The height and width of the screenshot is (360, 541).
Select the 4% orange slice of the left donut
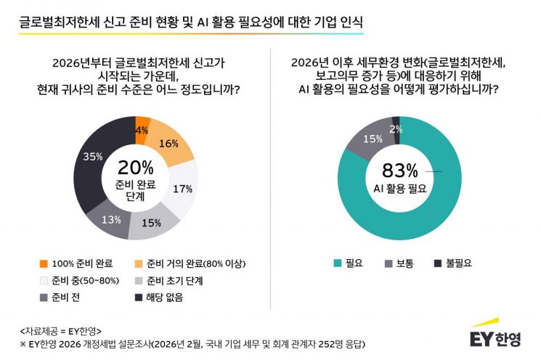click(x=142, y=131)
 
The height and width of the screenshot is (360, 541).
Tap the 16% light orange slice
click(x=169, y=144)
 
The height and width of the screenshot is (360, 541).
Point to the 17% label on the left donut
click(x=182, y=189)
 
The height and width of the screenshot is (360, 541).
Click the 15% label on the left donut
click(x=150, y=223)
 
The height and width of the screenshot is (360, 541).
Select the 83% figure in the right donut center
click(x=400, y=171)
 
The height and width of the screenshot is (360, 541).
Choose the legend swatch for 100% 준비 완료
click(x=44, y=263)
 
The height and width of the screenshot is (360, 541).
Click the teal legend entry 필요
click(x=349, y=263)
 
